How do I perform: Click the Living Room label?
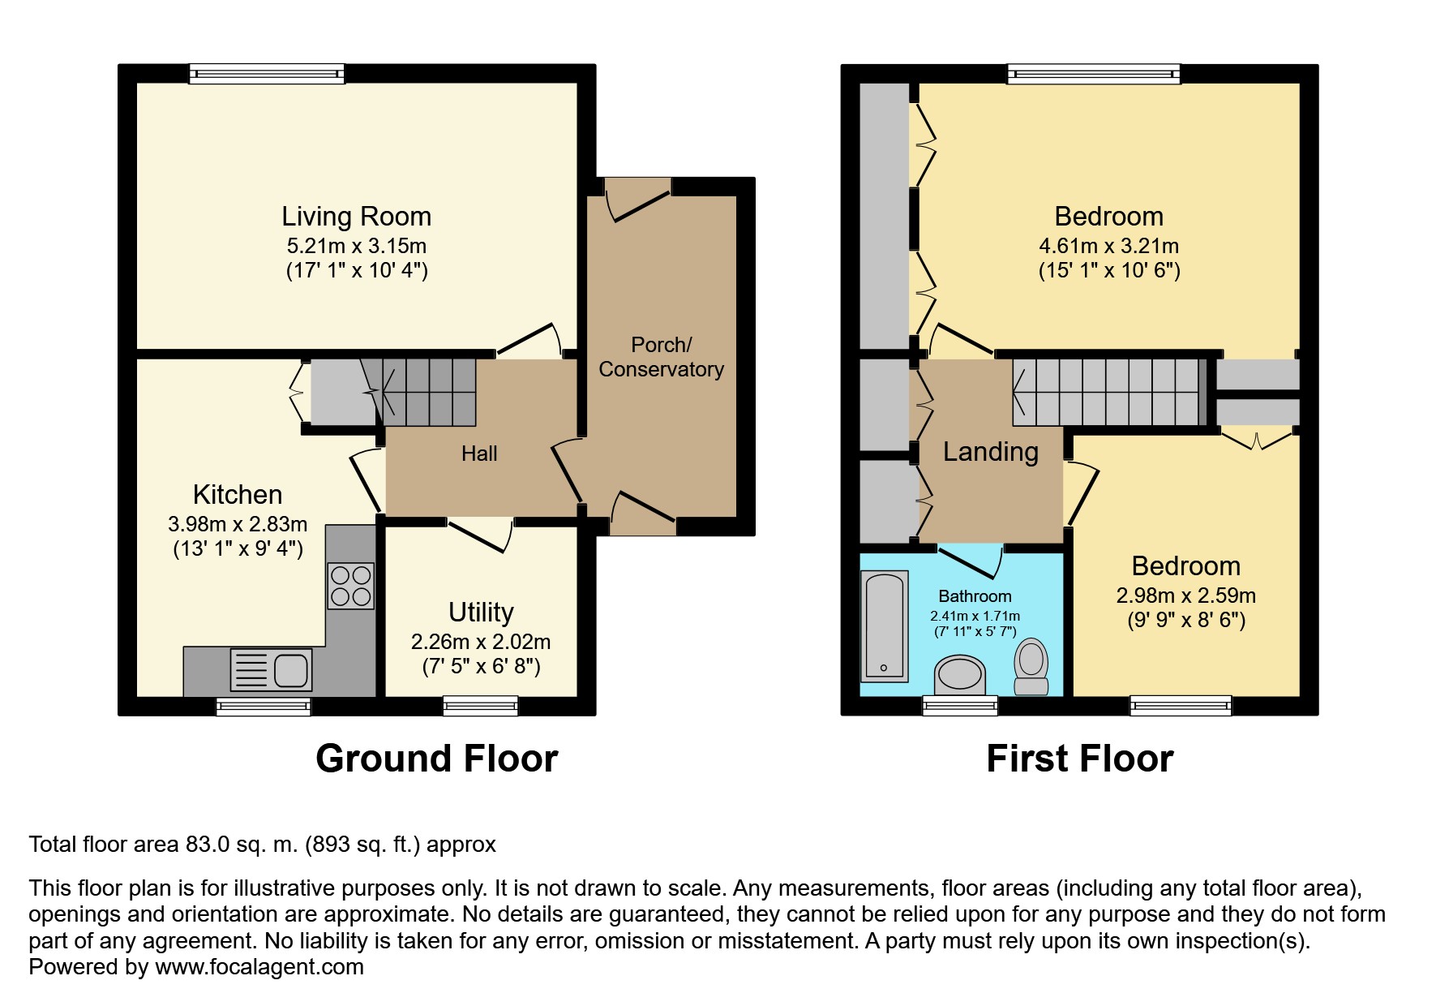[356, 217]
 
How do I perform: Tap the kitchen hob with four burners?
[351, 586]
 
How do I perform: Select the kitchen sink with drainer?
[271, 670]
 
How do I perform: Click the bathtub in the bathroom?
[884, 626]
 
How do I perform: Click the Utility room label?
[481, 612]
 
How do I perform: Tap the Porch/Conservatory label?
[661, 357]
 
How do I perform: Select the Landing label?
[990, 452]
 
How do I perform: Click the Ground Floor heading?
[437, 759]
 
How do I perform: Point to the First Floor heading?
[1079, 759]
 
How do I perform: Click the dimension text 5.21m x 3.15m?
[357, 246]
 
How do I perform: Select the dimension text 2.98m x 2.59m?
[1186, 595]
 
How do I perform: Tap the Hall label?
[479, 454]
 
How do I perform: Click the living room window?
[267, 74]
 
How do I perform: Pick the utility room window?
[481, 707]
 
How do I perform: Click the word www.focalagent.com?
[259, 967]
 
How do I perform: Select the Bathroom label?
[975, 596]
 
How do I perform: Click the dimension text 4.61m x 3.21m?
[1109, 246]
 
